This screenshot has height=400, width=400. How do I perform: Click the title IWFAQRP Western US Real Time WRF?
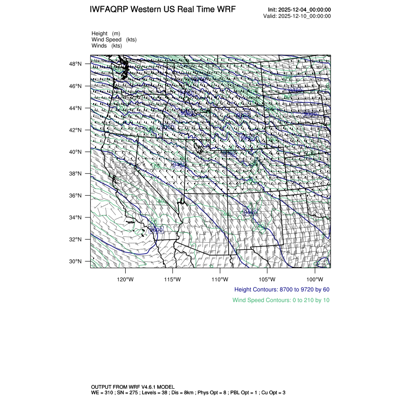click(162, 9)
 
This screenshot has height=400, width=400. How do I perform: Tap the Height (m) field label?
click(106, 33)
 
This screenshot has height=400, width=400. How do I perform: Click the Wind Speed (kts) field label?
click(111, 40)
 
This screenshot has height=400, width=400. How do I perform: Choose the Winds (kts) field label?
click(106, 46)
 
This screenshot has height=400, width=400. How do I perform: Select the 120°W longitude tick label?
click(125, 278)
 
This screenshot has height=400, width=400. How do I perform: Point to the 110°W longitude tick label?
click(220, 278)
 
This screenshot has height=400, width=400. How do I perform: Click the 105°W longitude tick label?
click(267, 278)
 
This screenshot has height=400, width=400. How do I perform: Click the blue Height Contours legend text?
click(281, 289)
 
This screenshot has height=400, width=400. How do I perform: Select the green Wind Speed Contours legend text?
click(280, 300)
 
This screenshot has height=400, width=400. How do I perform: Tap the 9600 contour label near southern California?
click(156, 230)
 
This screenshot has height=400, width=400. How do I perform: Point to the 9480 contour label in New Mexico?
click(250, 213)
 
